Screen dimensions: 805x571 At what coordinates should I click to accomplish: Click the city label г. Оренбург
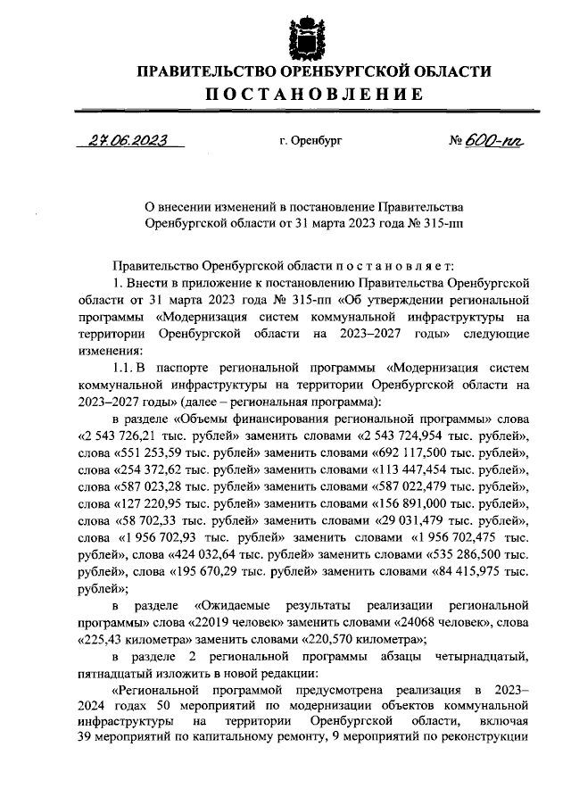pos(310,141)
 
